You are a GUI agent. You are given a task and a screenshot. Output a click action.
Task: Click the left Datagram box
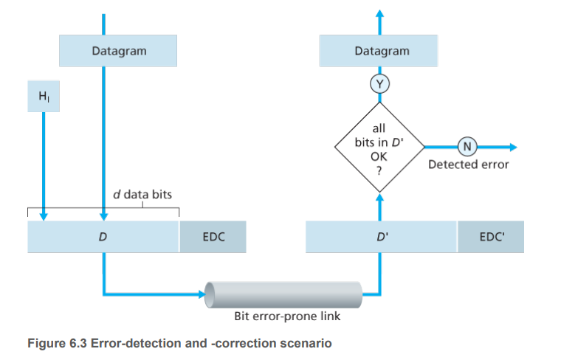(x=118, y=51)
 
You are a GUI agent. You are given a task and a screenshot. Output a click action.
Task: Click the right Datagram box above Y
(x=381, y=51)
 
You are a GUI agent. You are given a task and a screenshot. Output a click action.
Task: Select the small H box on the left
(x=42, y=97)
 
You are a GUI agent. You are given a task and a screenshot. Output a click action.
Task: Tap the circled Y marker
(x=380, y=83)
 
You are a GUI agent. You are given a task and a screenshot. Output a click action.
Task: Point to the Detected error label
(x=468, y=164)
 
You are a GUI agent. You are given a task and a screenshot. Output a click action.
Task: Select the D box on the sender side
(x=103, y=238)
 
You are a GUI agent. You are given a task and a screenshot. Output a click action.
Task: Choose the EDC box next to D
(x=213, y=238)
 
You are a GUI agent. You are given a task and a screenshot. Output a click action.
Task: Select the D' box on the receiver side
(x=381, y=238)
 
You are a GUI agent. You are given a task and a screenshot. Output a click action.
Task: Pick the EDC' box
(x=490, y=238)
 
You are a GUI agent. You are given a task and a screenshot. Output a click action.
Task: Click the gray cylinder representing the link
(x=284, y=295)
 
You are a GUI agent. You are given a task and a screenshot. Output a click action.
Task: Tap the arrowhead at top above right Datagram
(x=380, y=13)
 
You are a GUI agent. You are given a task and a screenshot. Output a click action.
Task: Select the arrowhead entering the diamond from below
(x=380, y=196)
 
